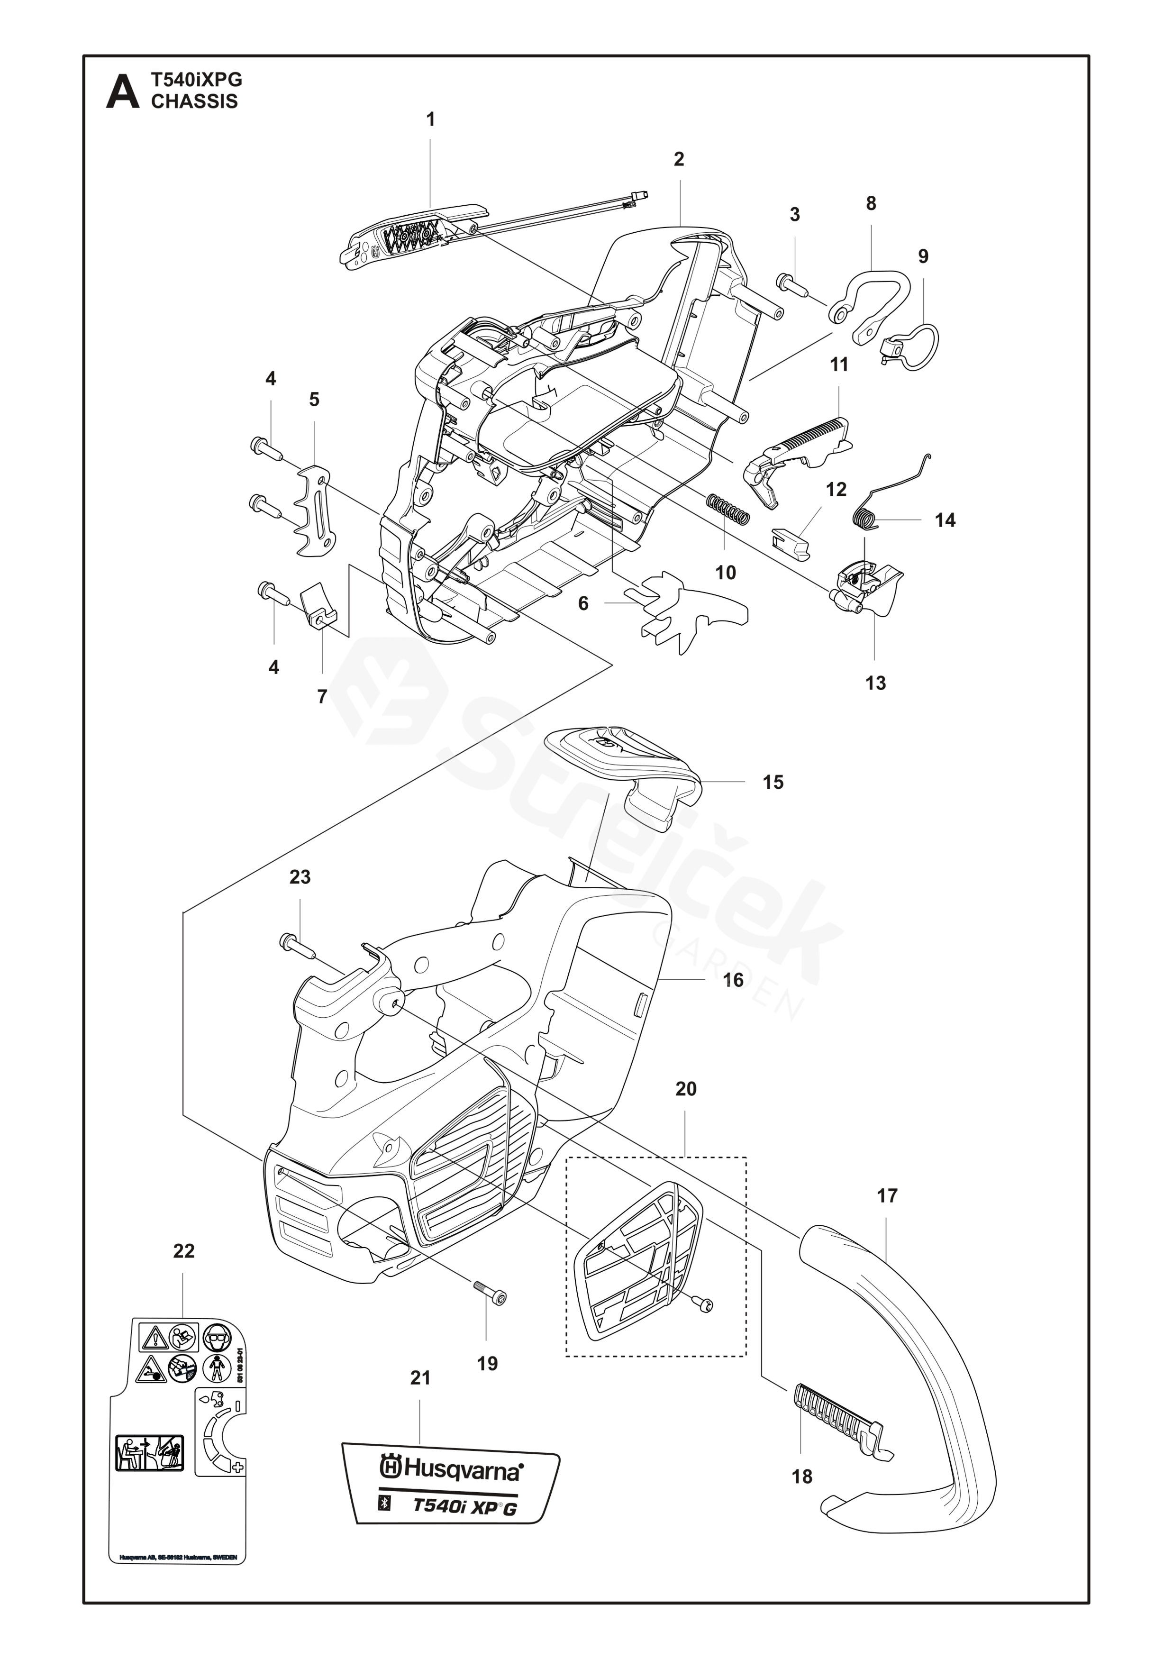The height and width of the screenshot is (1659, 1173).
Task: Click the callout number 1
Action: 431,119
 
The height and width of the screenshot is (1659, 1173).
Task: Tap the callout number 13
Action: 875,683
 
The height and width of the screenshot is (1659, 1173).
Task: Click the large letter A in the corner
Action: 123,92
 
